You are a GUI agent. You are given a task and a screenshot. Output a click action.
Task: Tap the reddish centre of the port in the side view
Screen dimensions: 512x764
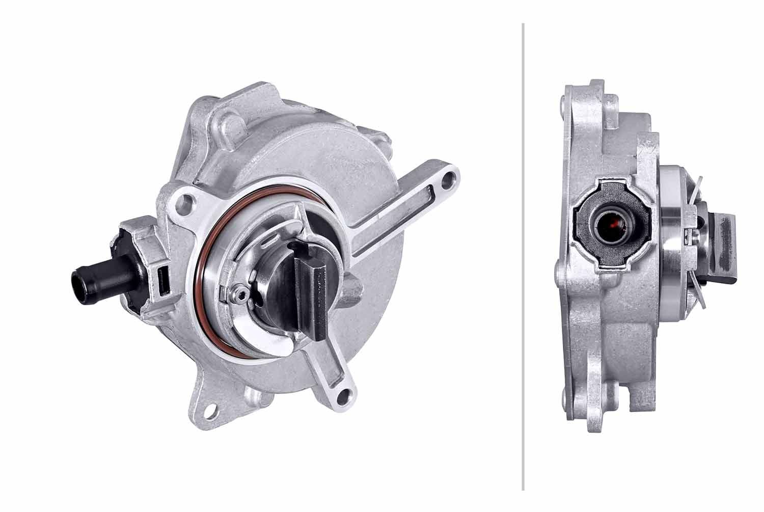tap(613, 222)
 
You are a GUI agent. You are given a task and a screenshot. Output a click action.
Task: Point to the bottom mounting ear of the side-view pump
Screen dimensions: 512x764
tap(596, 418)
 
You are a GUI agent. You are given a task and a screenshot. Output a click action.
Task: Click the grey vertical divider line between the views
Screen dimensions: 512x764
tap(523, 255)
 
